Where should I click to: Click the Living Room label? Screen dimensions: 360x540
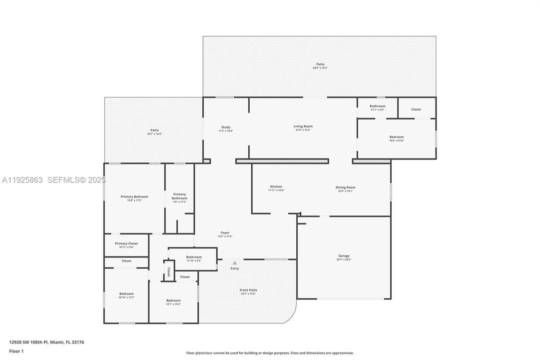pyautogui.click(x=303, y=126)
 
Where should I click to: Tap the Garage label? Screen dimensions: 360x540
pyautogui.click(x=344, y=256)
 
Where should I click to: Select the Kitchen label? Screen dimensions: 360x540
pyautogui.click(x=276, y=187)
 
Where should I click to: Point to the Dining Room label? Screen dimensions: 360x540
pyautogui.click(x=345, y=187)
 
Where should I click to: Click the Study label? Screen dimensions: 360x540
pyautogui.click(x=226, y=127)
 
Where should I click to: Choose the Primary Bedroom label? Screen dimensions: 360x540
pyautogui.click(x=134, y=197)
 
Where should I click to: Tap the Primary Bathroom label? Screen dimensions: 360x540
pyautogui.click(x=179, y=196)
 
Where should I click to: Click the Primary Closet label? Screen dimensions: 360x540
pyautogui.click(x=126, y=243)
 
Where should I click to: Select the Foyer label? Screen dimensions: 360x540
pyautogui.click(x=225, y=233)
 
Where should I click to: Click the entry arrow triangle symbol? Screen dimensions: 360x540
pyautogui.click(x=234, y=262)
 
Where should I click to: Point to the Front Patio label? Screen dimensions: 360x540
pyautogui.click(x=248, y=290)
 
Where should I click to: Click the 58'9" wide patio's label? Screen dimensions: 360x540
pyautogui.click(x=320, y=64)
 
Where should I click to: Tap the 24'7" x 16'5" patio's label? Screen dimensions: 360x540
pyautogui.click(x=154, y=130)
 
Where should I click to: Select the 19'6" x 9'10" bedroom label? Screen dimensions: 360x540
pyautogui.click(x=397, y=137)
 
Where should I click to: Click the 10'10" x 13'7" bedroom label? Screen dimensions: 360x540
pyautogui.click(x=126, y=294)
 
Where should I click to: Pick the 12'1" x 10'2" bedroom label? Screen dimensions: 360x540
pyautogui.click(x=173, y=300)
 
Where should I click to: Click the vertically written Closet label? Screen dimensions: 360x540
pyautogui.click(x=169, y=271)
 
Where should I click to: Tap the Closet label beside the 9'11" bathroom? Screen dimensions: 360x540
pyautogui.click(x=416, y=109)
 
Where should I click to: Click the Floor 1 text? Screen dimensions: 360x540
pyautogui.click(x=16, y=351)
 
